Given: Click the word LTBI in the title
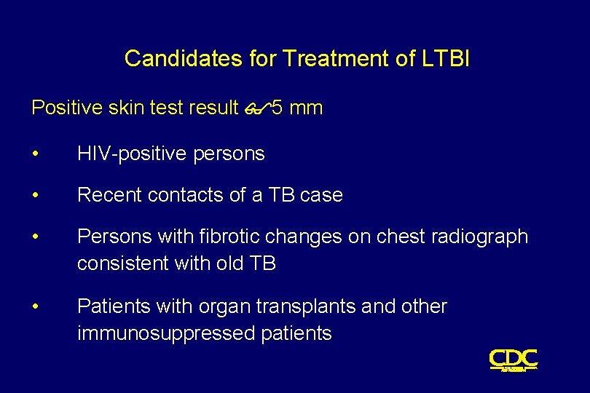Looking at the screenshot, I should (446, 59).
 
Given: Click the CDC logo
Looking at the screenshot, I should (514, 359).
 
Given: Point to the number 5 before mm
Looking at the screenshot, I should (277, 108).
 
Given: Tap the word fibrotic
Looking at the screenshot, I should (240, 237).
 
